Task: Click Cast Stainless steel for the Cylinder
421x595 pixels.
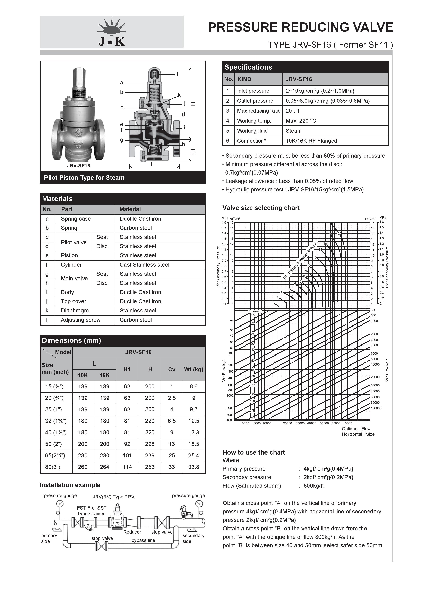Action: (x=144, y=265)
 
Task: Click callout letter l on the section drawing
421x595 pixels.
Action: (x=177, y=74)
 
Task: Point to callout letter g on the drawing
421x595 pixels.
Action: (x=121, y=140)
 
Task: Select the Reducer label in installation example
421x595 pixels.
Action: (x=132, y=532)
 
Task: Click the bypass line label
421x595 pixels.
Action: (x=143, y=540)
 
